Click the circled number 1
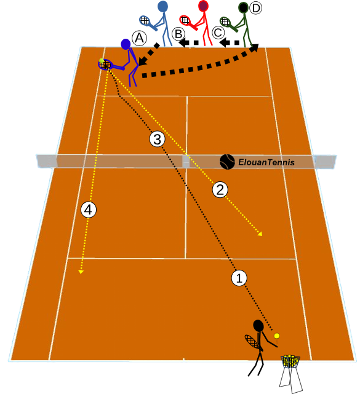(x=239, y=278)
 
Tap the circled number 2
(x=220, y=190)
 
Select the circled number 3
(x=158, y=139)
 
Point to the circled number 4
(x=88, y=210)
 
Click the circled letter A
(x=139, y=38)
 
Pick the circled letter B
(x=178, y=34)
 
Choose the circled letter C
(x=218, y=33)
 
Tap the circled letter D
(x=255, y=8)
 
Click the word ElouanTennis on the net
(x=266, y=162)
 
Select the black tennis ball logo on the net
(x=227, y=162)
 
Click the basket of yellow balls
(x=290, y=362)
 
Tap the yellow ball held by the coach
(x=277, y=336)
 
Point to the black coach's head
(x=258, y=326)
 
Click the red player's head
(x=203, y=6)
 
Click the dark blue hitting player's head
(x=126, y=44)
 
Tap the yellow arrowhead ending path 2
(x=260, y=234)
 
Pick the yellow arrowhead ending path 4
(x=81, y=272)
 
